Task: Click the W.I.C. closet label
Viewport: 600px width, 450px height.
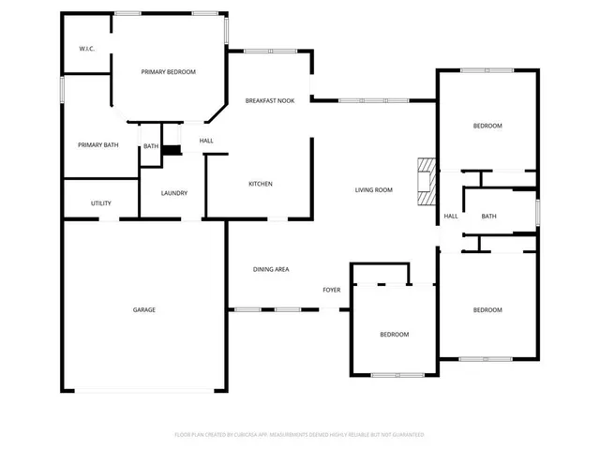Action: click(87, 49)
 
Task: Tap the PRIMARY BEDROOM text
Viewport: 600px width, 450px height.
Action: click(169, 71)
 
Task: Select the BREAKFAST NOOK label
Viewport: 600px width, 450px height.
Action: click(270, 100)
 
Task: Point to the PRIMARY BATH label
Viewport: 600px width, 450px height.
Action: click(97, 144)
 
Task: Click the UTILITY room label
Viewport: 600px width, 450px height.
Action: click(101, 203)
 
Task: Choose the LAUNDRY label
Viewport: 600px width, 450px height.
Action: click(174, 193)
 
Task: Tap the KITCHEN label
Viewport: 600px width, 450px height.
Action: click(261, 184)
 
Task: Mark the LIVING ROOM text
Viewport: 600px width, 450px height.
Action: click(373, 189)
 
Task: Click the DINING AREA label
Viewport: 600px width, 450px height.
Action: click(271, 269)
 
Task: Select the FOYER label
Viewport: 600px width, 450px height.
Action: click(332, 290)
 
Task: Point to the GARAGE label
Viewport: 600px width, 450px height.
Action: click(143, 309)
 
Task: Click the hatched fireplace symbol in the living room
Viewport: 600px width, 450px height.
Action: click(427, 181)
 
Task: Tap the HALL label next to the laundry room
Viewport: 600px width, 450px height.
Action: click(206, 141)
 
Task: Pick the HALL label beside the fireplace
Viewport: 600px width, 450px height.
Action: click(451, 217)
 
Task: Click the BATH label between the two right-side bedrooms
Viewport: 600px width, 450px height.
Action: click(488, 217)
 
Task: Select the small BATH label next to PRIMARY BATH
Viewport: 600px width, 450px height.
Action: click(151, 146)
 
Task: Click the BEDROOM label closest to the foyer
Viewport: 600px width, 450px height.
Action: click(394, 335)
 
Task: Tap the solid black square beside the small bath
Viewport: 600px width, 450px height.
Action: click(171, 149)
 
